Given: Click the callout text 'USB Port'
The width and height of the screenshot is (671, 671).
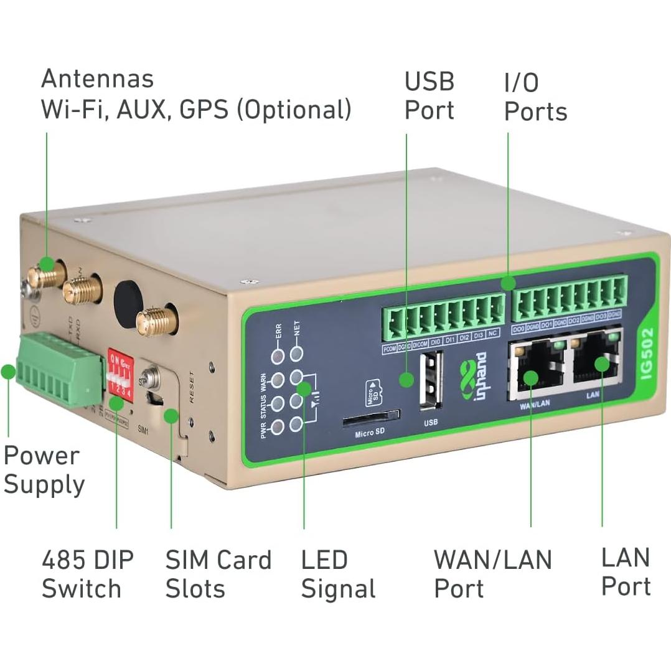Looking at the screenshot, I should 429,96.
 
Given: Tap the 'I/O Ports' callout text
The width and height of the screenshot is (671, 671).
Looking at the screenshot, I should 535,97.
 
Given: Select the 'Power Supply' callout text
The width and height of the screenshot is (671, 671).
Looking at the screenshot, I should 44,470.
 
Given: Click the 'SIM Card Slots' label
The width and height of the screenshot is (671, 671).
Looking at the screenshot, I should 218,574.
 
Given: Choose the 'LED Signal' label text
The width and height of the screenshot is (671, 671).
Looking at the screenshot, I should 338,574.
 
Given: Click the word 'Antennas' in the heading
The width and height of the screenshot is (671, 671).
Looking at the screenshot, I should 97,79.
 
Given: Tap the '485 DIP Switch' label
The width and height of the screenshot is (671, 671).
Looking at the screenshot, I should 87,574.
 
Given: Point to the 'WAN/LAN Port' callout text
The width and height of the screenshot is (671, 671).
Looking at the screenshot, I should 492,574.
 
